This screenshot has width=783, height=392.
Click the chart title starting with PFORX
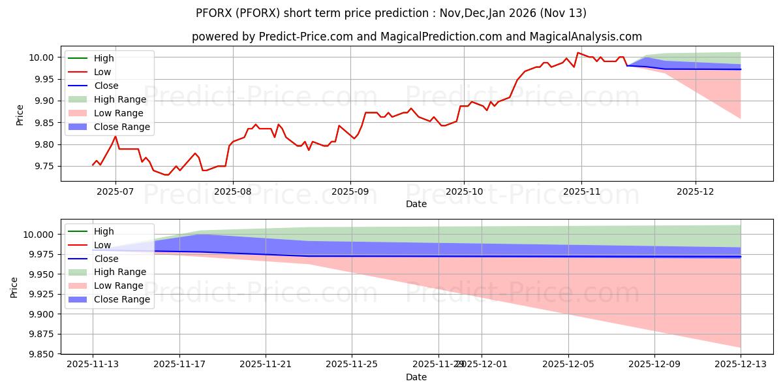point(391,13)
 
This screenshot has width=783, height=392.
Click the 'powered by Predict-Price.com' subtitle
point(416,37)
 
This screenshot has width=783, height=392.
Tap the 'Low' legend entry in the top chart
point(103,72)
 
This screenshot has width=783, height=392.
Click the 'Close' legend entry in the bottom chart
point(106,258)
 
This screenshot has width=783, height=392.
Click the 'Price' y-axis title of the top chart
point(20,114)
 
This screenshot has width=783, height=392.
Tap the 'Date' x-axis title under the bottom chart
point(416,377)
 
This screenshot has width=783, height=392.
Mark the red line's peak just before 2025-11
point(577,52)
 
